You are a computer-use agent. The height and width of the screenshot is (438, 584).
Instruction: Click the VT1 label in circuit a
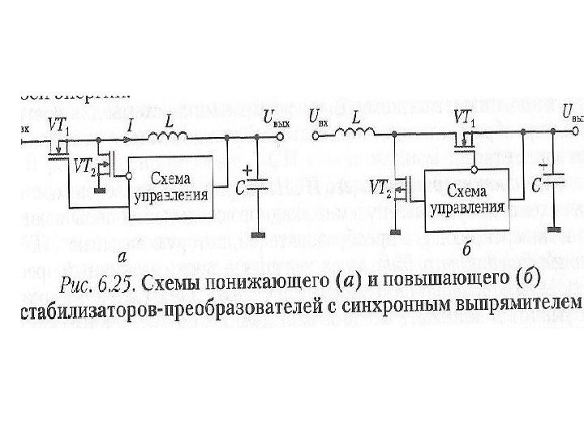(58, 127)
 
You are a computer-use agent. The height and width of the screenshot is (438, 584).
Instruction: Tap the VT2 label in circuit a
(83, 167)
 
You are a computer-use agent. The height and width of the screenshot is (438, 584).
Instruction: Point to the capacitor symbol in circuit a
(258, 187)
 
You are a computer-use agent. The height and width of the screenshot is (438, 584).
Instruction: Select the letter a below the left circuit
(122, 257)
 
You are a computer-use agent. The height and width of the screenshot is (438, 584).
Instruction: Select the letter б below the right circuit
(466, 250)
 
